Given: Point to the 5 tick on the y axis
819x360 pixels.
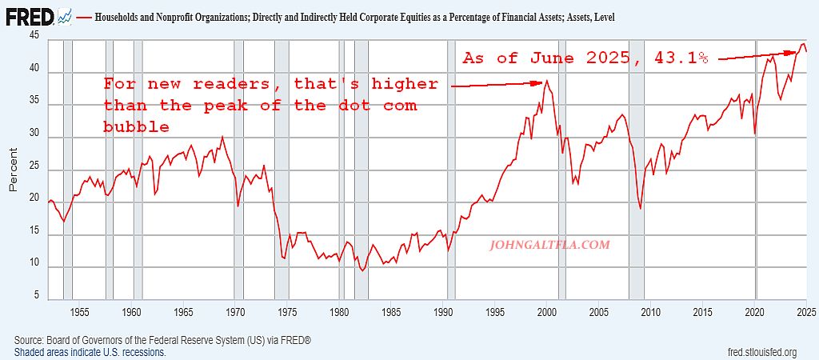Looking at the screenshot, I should click(x=36, y=297).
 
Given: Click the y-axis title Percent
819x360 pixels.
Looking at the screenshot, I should click(x=13, y=169).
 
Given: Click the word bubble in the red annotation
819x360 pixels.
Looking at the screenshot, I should click(x=136, y=126).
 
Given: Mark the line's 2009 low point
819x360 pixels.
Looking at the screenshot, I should click(x=641, y=209).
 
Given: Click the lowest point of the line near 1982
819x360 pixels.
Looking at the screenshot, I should click(x=363, y=270).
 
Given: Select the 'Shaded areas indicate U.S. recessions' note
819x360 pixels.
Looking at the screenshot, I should click(x=90, y=352).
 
